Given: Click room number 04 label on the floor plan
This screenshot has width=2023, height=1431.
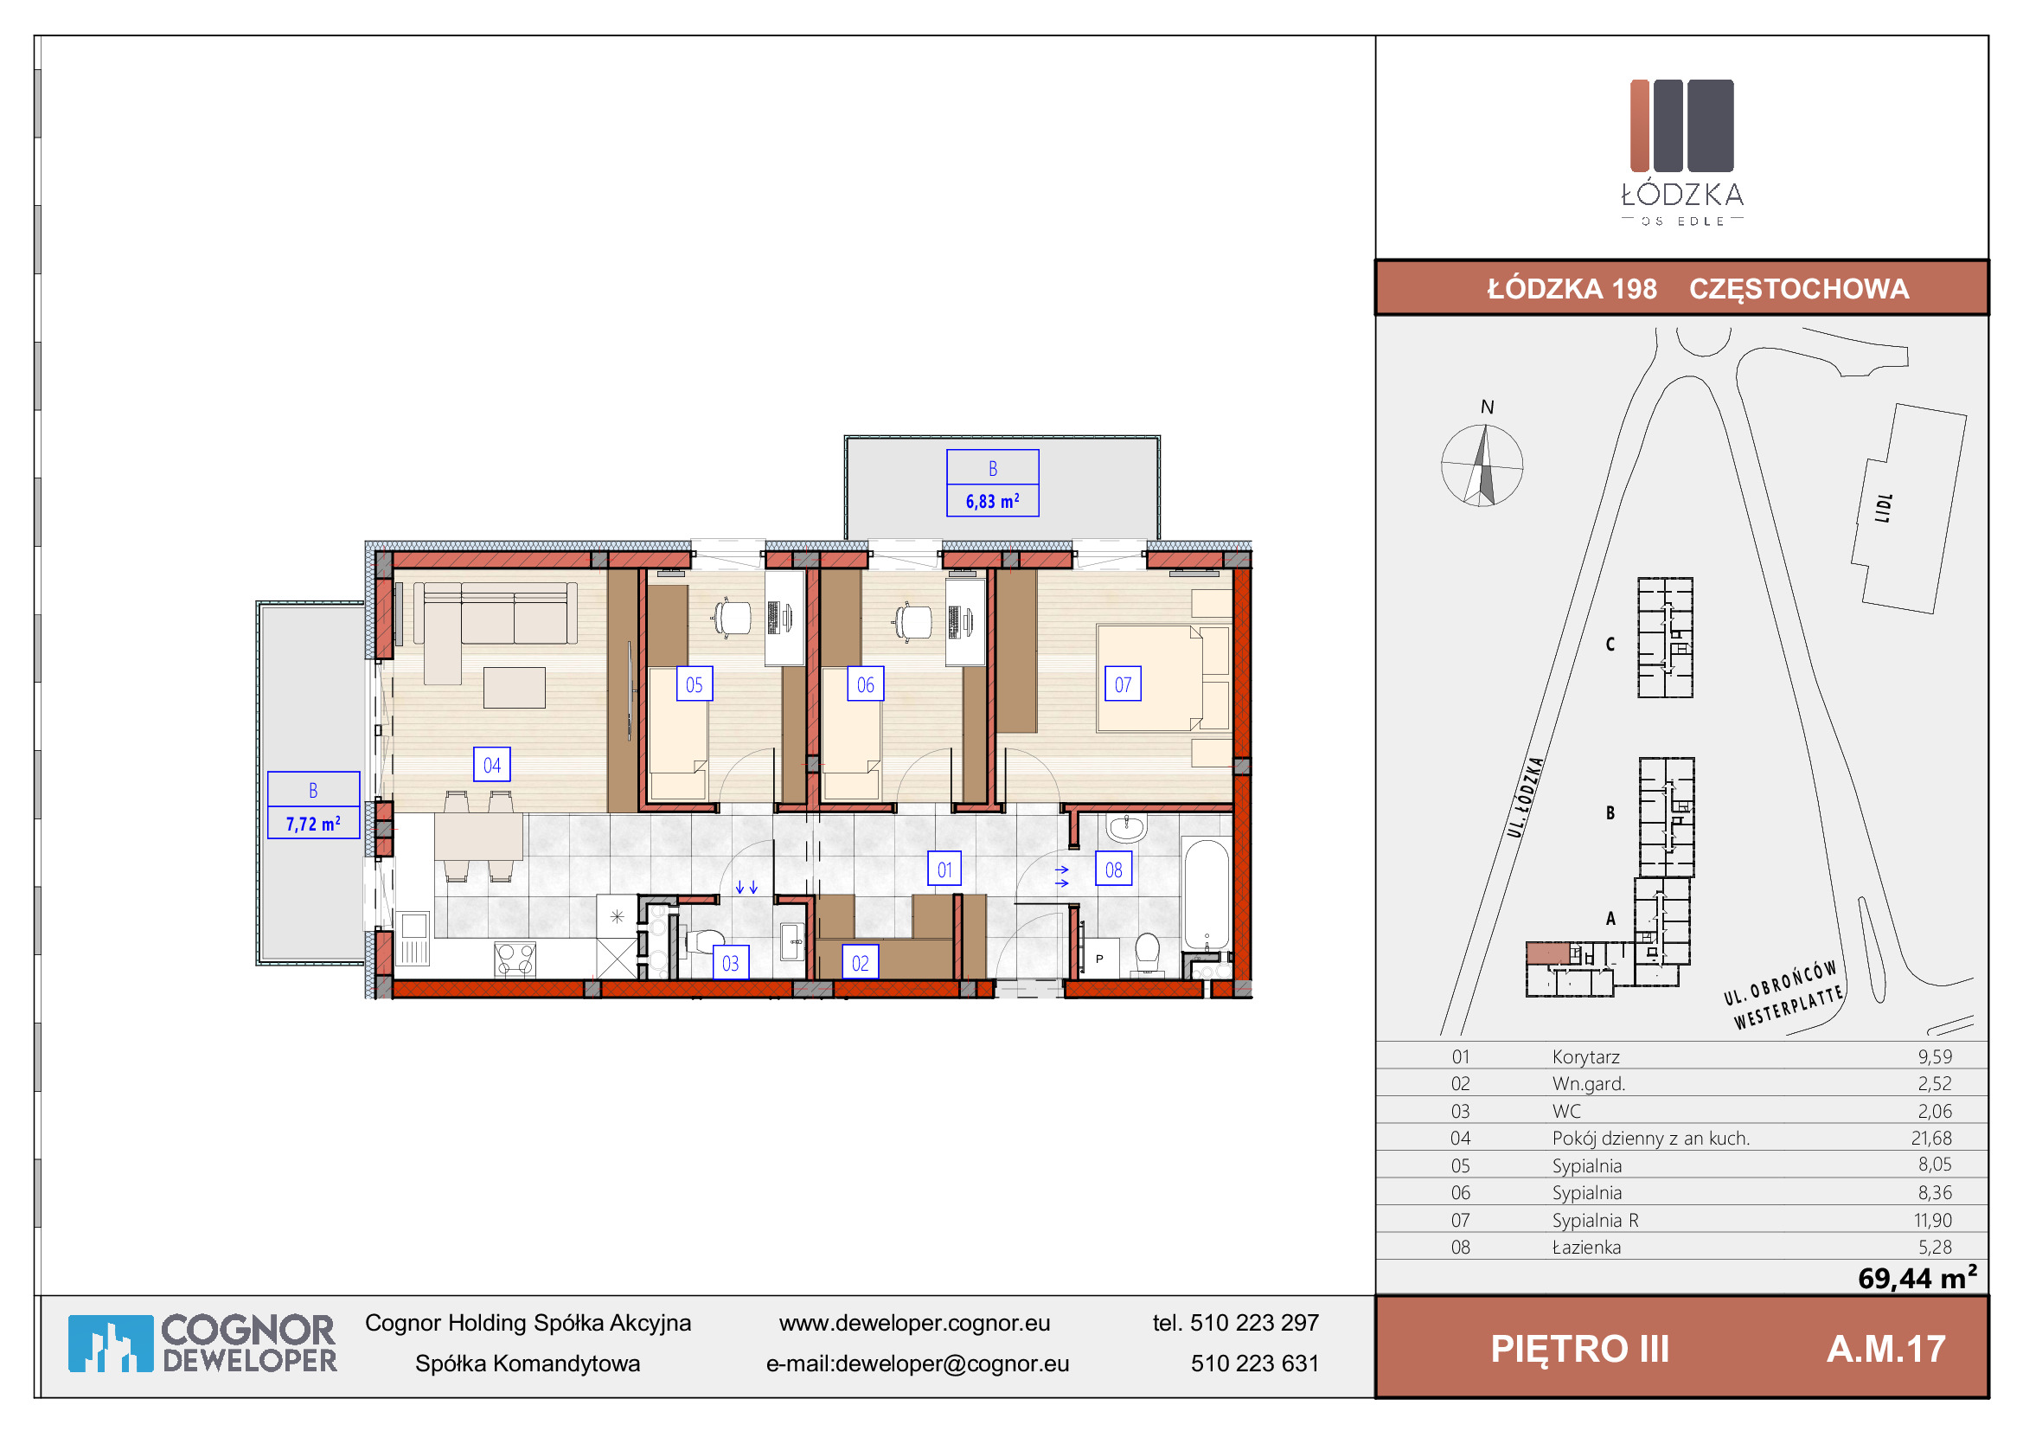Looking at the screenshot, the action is pos(491,765).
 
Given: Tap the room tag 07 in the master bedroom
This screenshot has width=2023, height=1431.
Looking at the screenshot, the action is pos(1123,683).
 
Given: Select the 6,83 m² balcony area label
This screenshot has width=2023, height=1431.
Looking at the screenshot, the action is pos(992,500).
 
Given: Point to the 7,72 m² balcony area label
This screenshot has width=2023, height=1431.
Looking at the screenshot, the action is pos(313,823).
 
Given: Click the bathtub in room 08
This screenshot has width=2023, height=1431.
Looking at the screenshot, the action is pos(1207,895).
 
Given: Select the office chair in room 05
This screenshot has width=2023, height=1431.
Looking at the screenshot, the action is pos(733,617).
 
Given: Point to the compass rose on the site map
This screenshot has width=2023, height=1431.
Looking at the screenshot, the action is pos(1482,465).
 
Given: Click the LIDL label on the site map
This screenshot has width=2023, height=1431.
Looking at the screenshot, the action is pos(1884,508).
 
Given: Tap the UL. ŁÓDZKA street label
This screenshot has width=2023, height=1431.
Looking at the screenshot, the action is pos(1525,797).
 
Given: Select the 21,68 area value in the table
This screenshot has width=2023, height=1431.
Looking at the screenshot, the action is pos(1931,1138).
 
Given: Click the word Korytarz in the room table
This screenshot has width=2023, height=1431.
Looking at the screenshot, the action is pos(1586,1056).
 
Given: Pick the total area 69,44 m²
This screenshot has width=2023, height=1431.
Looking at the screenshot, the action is pos(1917,1278).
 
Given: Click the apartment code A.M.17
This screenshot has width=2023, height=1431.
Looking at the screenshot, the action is pos(1886,1349).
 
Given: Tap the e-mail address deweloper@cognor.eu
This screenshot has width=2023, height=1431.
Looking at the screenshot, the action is pos(951,1364).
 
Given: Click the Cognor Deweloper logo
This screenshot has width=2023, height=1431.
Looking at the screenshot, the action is pos(202,1344).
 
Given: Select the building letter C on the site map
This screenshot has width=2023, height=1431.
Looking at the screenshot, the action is pos(1610,645).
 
